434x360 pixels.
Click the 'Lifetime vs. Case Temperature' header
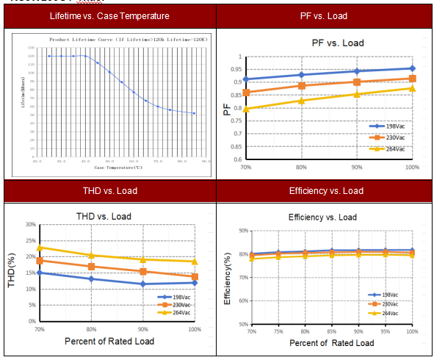pos(109,16)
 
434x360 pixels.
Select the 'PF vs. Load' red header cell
pos(325,16)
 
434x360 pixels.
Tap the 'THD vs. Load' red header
pos(109,191)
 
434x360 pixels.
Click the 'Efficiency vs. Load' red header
pos(325,191)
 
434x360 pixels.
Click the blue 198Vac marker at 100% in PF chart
pos(413,68)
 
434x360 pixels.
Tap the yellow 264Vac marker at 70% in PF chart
pos(246,109)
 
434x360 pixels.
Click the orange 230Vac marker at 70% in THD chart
pos(40,261)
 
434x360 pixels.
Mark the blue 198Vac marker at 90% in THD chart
pos(143,284)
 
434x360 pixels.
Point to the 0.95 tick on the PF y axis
pos(234,69)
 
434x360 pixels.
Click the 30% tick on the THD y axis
pos(30,225)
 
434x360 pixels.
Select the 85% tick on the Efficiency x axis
pos(332,332)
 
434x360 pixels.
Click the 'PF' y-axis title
pos(226,110)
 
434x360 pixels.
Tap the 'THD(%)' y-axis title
pos(11,272)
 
